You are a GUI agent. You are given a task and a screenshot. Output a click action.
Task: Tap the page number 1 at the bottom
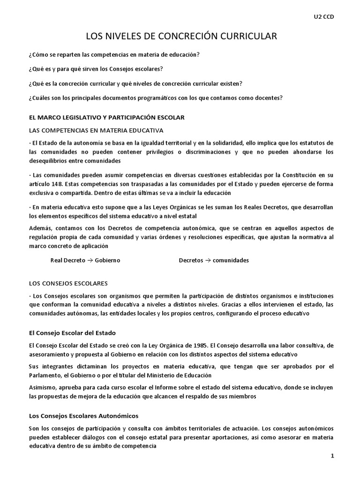pos(331,457)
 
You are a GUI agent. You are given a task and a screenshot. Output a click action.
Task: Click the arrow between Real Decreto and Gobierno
pos(89,260)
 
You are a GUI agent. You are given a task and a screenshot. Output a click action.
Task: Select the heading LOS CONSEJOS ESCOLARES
pos(68,283)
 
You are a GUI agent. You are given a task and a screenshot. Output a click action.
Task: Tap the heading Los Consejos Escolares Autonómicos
pos(83,416)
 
